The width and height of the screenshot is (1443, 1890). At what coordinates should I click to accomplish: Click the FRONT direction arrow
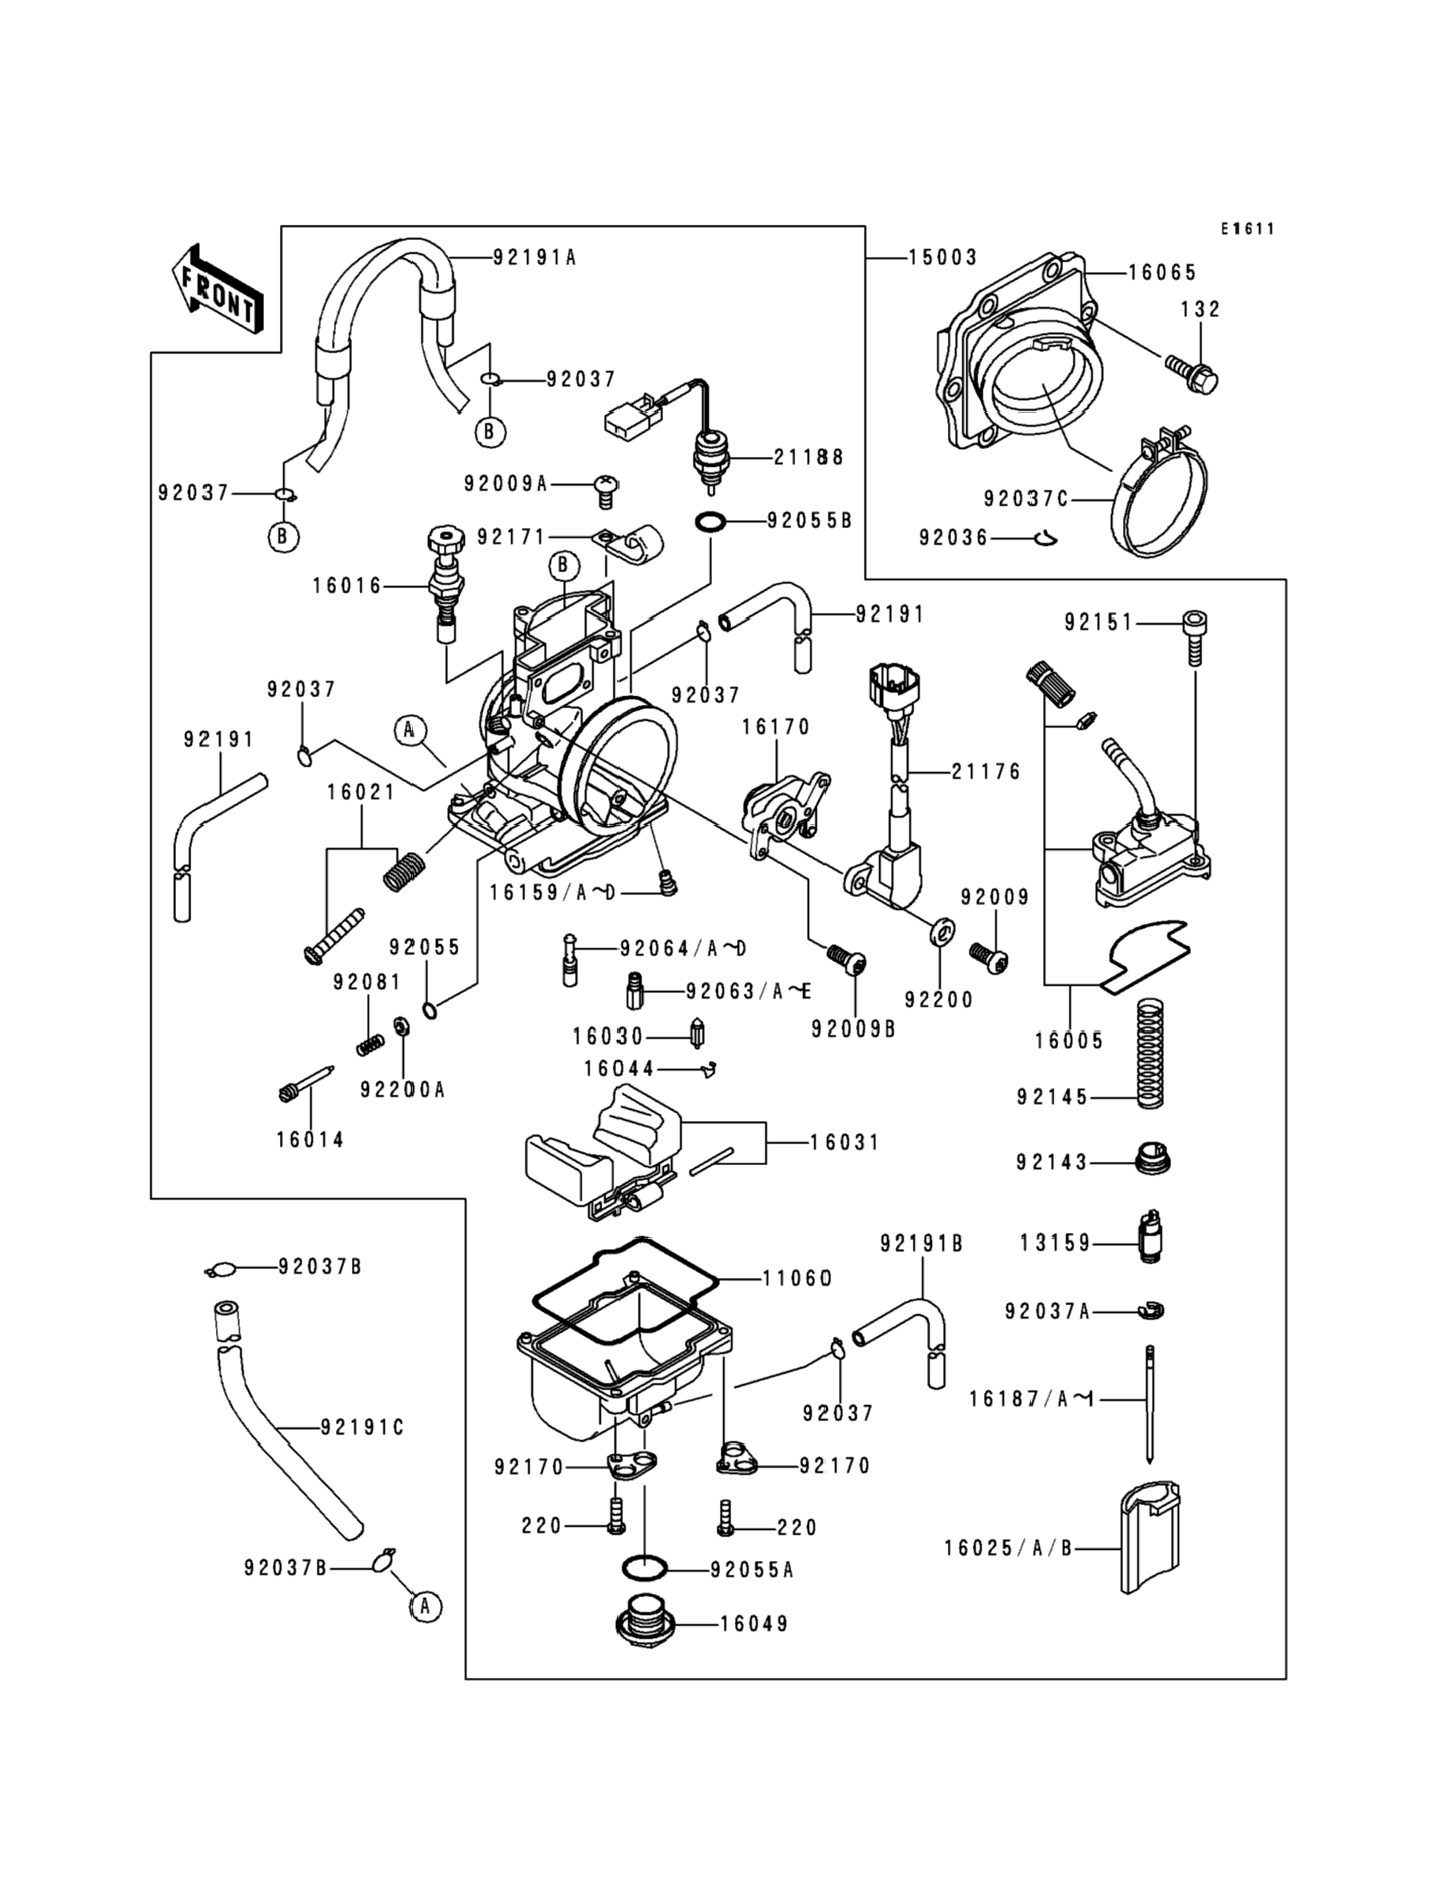pyautogui.click(x=218, y=290)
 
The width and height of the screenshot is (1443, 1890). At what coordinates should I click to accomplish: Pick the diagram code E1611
pyautogui.click(x=1248, y=229)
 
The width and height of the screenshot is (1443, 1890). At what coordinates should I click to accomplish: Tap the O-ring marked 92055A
pyautogui.click(x=644, y=1568)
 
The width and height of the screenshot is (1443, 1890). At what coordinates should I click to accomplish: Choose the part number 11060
pyautogui.click(x=797, y=1279)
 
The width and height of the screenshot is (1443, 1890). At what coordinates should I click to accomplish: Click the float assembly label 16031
pyautogui.click(x=845, y=1143)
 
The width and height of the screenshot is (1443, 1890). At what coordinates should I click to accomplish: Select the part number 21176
pyautogui.click(x=986, y=772)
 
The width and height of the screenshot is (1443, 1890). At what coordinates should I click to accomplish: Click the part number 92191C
pyautogui.click(x=362, y=1427)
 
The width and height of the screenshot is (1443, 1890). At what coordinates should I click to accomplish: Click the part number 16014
pyautogui.click(x=310, y=1140)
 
